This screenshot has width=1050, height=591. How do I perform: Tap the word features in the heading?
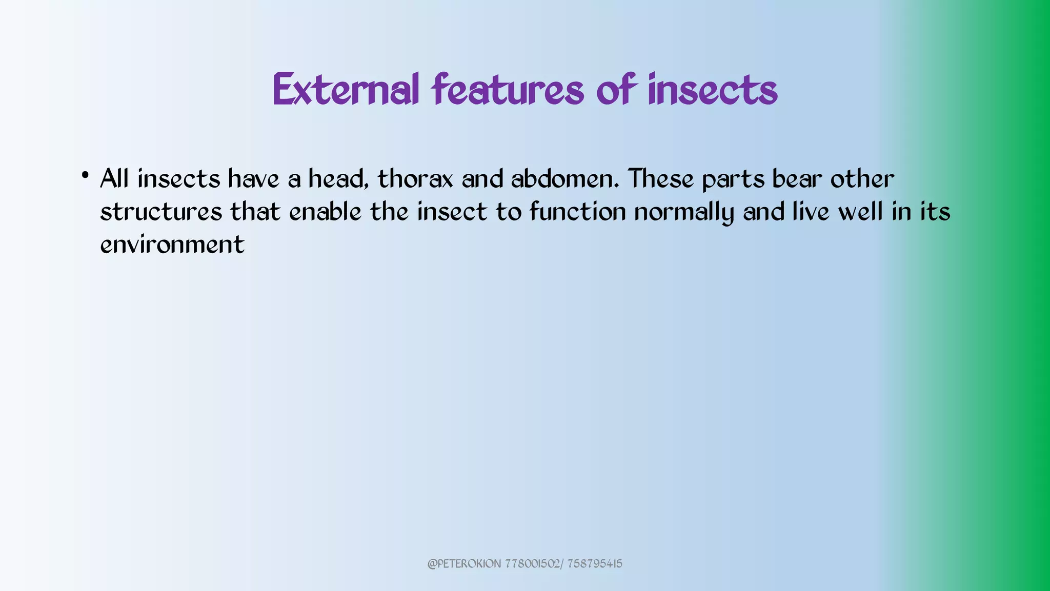click(508, 90)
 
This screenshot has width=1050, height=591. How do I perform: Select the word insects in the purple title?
click(713, 90)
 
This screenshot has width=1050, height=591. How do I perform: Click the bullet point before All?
click(85, 175)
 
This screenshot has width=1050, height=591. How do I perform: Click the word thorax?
click(415, 179)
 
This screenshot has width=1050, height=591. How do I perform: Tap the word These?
click(661, 179)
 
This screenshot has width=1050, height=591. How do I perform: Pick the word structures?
click(161, 212)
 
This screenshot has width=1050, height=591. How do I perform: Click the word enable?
click(325, 212)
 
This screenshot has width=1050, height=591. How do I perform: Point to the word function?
click(578, 212)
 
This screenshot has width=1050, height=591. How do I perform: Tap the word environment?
click(172, 245)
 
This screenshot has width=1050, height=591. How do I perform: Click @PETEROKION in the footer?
click(464, 564)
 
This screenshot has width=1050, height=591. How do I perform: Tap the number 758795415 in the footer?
click(595, 564)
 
